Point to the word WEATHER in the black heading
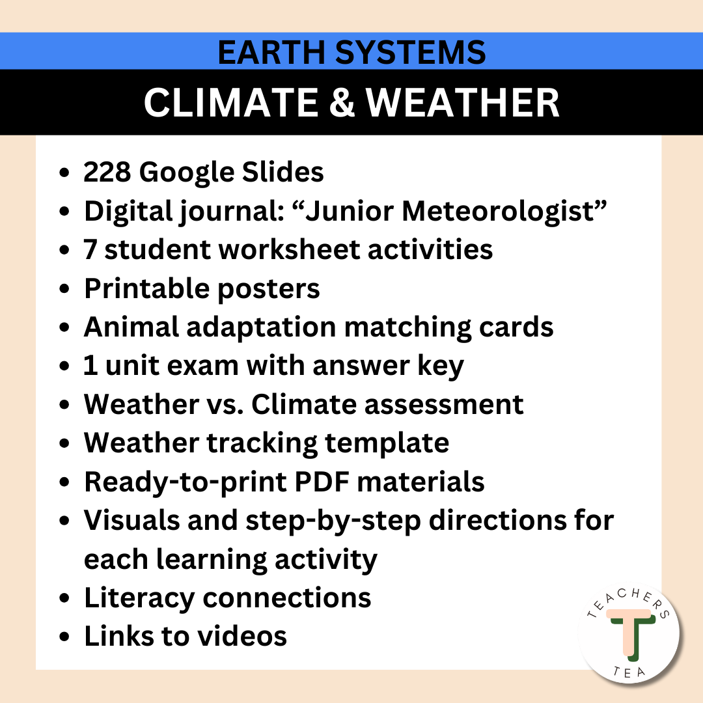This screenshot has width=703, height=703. (x=462, y=102)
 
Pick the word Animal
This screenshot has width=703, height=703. (x=131, y=327)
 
